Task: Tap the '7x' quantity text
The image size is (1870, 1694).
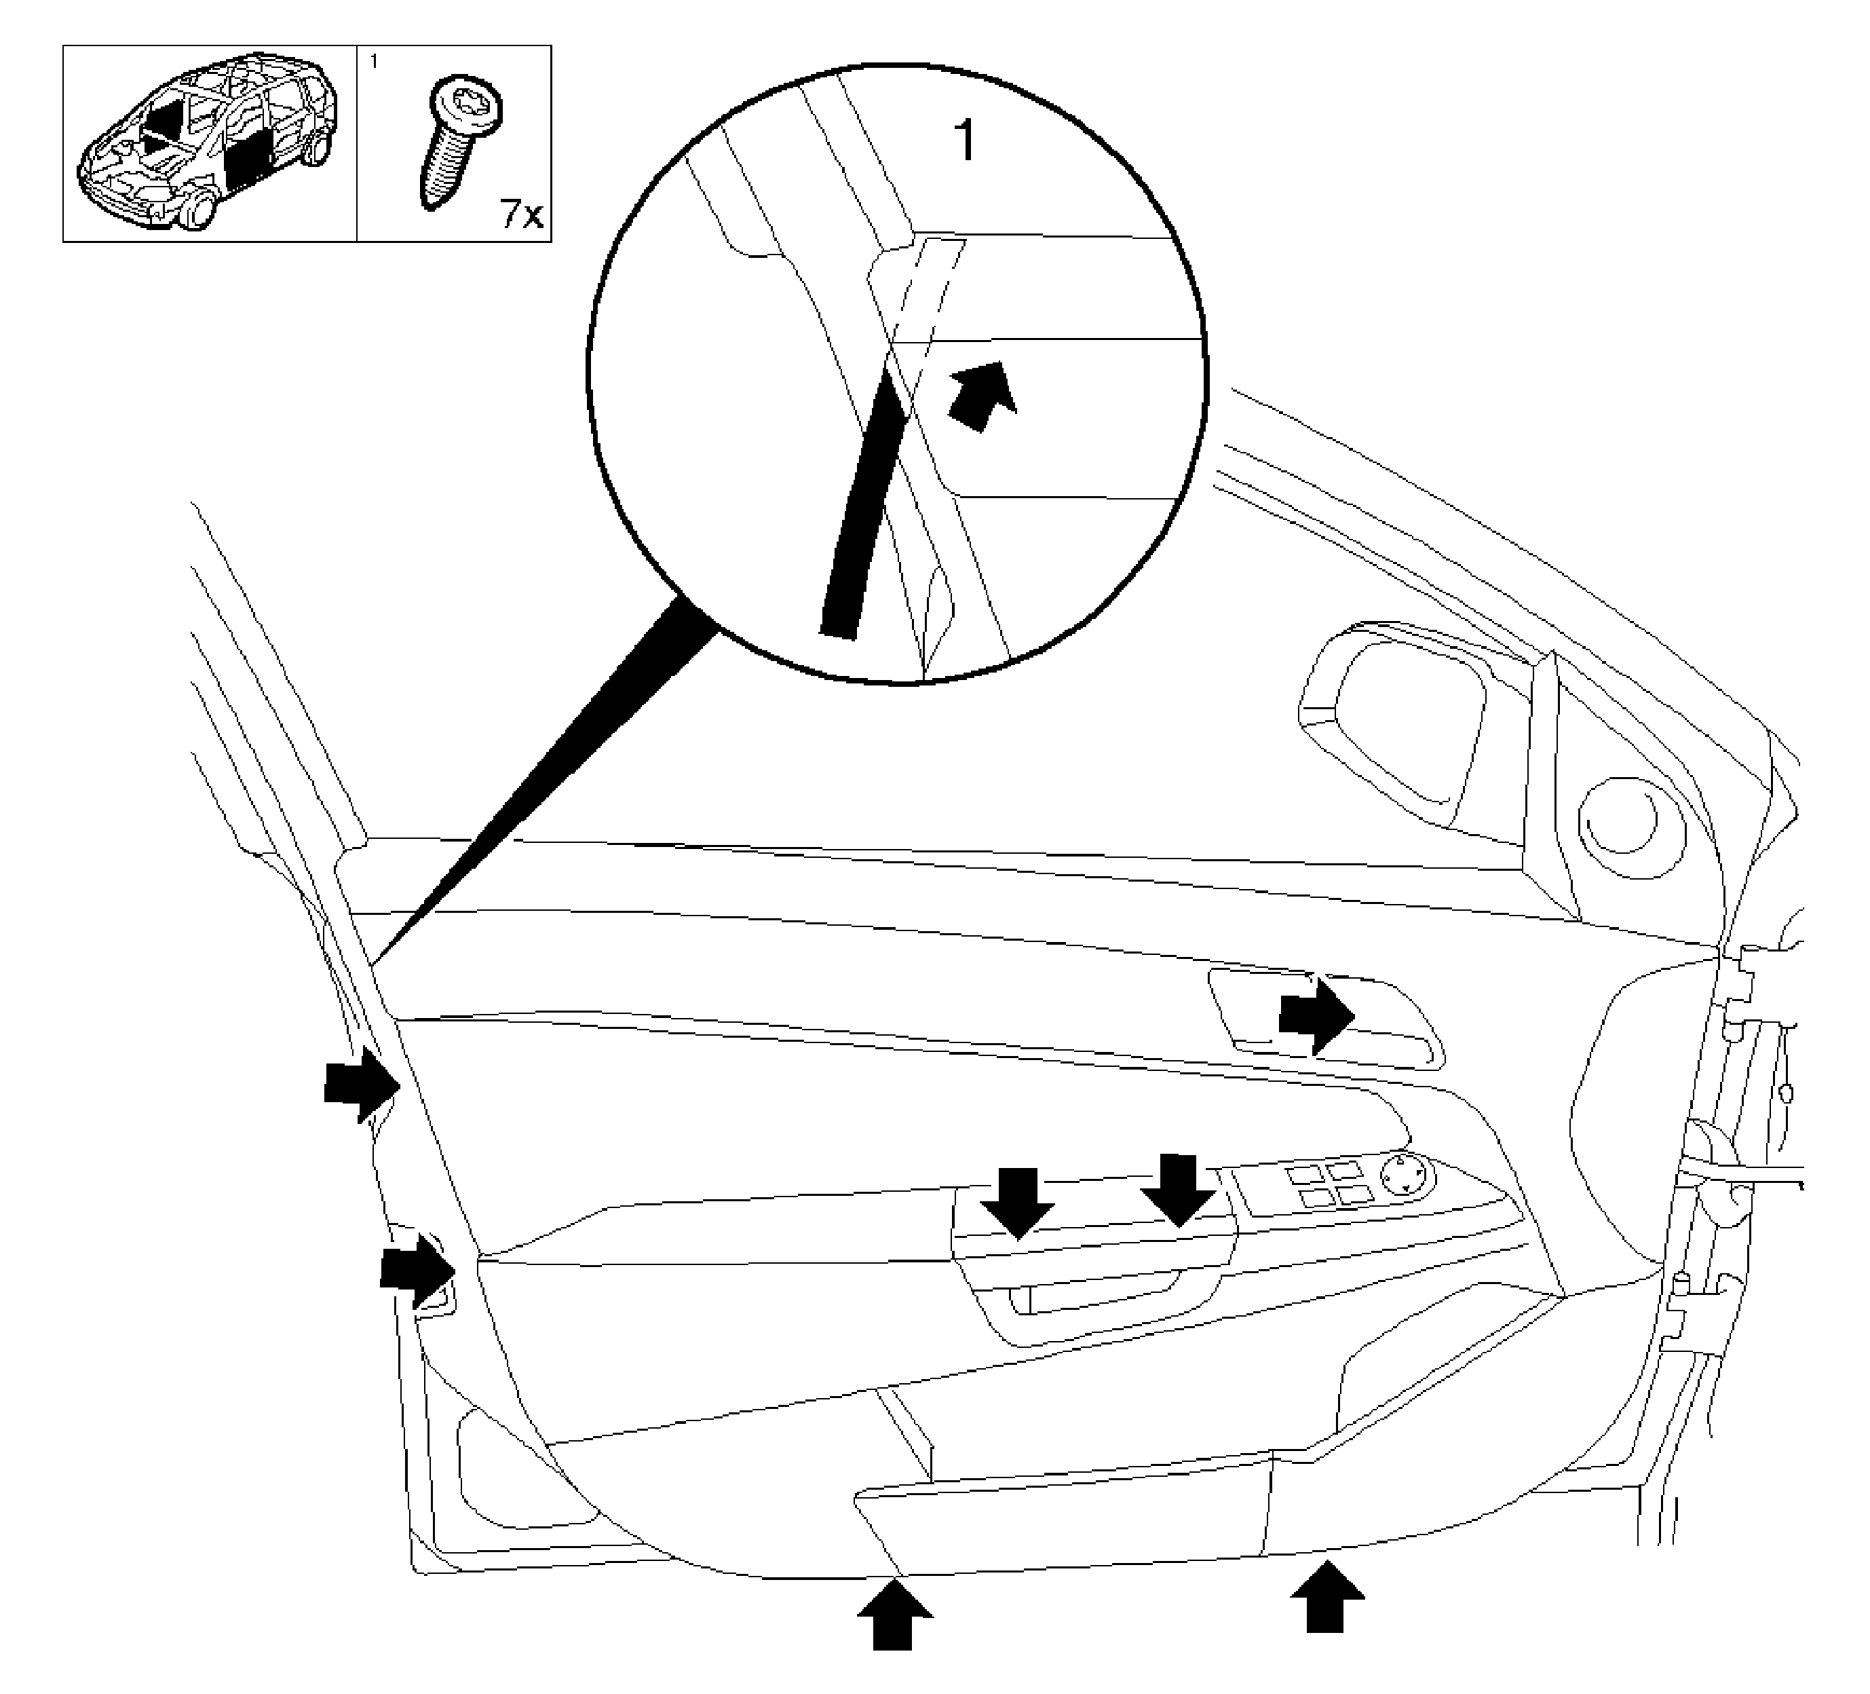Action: click(520, 215)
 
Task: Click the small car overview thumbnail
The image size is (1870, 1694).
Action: click(210, 142)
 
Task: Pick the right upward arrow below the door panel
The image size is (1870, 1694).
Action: click(1327, 1596)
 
